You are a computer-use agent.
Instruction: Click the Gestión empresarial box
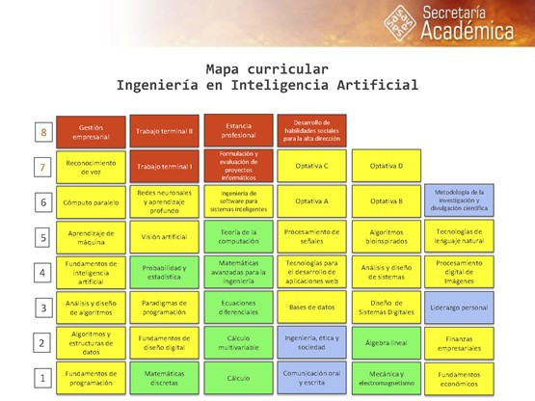tap(91, 130)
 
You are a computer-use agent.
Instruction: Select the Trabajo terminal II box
tap(164, 130)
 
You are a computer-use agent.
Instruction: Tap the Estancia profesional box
tap(237, 130)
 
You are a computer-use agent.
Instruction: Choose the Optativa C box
tap(311, 166)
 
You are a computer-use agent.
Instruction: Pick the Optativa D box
tap(386, 166)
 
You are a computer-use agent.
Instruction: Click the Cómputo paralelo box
tap(91, 202)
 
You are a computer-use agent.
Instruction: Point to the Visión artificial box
tap(164, 237)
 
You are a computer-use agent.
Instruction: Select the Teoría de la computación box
tap(237, 237)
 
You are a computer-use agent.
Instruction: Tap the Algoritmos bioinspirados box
tap(386, 237)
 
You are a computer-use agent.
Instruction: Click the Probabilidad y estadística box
tap(164, 273)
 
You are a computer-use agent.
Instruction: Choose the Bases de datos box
tap(311, 307)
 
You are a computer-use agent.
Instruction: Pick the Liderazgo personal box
tap(459, 307)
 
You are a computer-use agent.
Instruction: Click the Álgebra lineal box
tap(386, 342)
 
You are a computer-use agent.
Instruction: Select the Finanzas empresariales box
tap(459, 342)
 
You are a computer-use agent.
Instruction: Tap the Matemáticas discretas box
tap(164, 378)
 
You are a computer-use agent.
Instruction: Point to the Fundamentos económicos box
tap(459, 378)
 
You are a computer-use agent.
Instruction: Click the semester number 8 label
tap(42, 131)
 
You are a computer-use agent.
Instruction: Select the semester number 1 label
tap(42, 378)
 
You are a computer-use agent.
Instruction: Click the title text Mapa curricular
tap(267, 69)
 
